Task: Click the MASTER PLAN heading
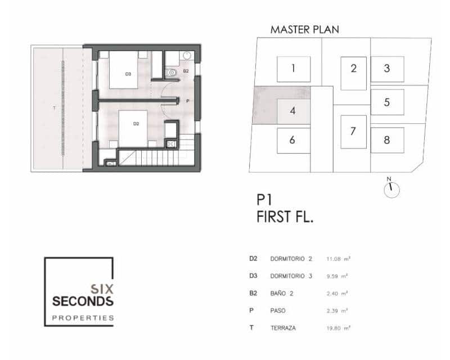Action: coord(304,29)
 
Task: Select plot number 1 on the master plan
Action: coord(293,69)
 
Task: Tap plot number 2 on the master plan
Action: coord(353,69)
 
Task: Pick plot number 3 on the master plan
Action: coord(387,69)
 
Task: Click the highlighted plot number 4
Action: coord(292,110)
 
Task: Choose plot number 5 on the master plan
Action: coord(387,102)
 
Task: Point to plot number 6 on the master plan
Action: coord(292,140)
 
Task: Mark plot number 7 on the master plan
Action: coord(353,132)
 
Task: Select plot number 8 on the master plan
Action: coord(387,140)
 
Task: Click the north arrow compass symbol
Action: coord(391,190)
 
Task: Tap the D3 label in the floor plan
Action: coord(128,74)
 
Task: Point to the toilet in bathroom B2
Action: coord(172,71)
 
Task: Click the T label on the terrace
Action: coord(54,107)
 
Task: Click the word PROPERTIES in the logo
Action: coord(83,318)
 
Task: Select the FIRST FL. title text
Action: coord(285,217)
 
